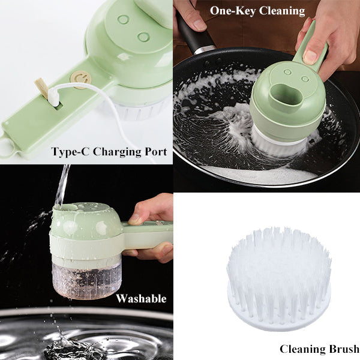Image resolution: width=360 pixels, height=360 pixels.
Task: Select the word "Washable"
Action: tap(141, 298)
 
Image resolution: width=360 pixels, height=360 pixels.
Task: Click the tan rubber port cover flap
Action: tap(42, 88)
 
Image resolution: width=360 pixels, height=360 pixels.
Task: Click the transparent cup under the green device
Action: tap(87, 277)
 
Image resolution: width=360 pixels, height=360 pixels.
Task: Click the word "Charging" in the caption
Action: tap(114, 152)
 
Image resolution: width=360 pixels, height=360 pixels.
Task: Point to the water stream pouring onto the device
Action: tap(62, 185)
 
